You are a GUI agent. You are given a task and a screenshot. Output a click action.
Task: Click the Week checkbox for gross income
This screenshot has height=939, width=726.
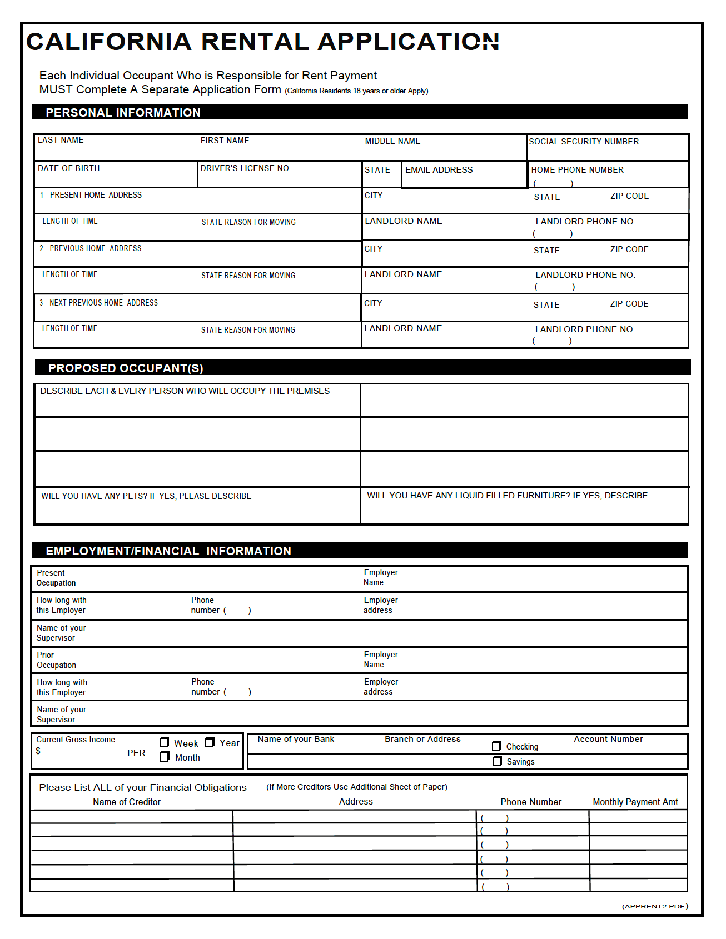(164, 742)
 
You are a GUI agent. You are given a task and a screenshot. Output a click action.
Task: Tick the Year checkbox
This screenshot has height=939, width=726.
(210, 742)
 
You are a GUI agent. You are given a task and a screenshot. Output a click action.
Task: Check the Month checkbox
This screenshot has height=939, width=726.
(165, 757)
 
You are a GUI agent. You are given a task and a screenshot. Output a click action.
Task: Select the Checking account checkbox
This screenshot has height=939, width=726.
(497, 746)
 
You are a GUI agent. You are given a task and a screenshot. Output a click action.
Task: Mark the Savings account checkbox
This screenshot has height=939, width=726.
(497, 761)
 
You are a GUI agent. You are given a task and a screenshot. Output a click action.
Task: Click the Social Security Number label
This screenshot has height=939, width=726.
(584, 142)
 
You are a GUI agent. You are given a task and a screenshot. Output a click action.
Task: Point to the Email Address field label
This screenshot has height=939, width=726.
(439, 170)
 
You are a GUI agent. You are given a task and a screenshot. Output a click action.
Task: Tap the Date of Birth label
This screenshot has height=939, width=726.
(68, 168)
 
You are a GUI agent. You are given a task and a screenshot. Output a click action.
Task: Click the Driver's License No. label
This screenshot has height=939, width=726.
(246, 168)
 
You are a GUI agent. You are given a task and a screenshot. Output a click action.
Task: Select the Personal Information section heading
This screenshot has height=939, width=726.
(123, 113)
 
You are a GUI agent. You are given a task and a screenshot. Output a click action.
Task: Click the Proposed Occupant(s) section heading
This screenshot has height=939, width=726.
(126, 368)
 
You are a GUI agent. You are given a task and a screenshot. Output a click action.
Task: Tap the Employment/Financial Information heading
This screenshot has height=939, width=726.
(168, 551)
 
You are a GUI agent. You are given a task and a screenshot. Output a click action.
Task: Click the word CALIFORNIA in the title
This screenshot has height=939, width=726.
(109, 42)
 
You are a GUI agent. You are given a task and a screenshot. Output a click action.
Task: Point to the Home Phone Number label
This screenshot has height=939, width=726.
(577, 170)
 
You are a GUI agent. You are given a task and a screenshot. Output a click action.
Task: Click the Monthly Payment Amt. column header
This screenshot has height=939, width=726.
(636, 802)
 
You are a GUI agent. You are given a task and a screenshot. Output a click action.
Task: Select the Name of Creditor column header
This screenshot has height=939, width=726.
(127, 802)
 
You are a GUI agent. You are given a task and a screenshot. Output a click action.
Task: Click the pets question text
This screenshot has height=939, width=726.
(146, 496)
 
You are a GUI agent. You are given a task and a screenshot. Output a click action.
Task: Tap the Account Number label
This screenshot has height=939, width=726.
(608, 739)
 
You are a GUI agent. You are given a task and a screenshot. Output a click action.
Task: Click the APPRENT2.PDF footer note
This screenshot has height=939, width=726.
(655, 906)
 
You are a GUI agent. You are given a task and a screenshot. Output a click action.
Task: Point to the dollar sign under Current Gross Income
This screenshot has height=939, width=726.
(38, 751)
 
